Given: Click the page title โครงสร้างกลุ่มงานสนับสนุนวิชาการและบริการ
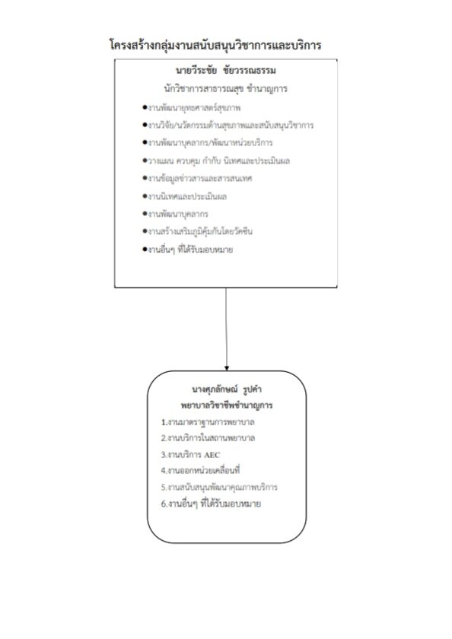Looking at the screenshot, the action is [215, 44].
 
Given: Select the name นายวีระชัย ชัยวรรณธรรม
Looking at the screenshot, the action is [226, 71].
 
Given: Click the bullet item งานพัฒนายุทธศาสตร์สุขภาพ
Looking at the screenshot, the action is [192, 108].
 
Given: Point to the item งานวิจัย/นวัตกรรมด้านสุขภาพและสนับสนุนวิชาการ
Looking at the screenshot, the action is [228, 125].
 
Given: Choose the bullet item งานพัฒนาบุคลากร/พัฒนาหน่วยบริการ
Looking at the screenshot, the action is [208, 143].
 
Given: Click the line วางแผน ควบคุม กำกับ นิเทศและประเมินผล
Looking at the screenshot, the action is [216, 161].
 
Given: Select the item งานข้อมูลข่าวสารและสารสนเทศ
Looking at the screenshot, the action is [197, 179].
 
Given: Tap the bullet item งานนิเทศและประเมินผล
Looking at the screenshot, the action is [185, 196].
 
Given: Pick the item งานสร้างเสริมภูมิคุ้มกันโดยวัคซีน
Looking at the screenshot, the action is [197, 231].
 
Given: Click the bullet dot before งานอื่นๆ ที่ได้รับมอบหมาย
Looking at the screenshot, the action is [145, 250].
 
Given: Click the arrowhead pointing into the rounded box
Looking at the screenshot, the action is [227, 368].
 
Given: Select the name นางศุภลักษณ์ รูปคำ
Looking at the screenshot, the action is [227, 389].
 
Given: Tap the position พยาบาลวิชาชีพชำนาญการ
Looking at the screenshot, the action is [227, 405].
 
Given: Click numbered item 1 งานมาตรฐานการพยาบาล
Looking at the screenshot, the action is [208, 422].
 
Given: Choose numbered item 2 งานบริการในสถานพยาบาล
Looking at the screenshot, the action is [208, 438].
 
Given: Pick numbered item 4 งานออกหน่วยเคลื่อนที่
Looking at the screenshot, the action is [200, 471].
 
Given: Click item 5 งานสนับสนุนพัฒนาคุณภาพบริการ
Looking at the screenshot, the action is [219, 488].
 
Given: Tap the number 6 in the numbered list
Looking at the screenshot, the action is [164, 504].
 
